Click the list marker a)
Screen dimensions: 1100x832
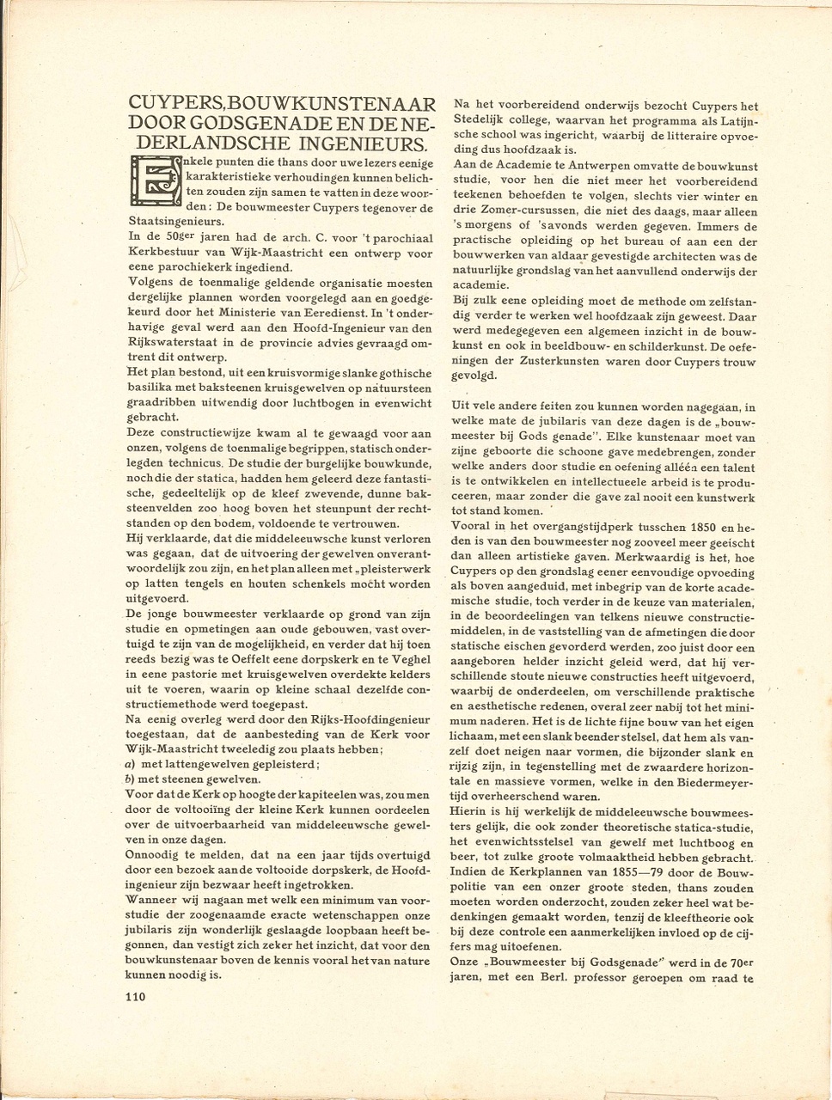(130, 763)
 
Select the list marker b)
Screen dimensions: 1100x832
(130, 779)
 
